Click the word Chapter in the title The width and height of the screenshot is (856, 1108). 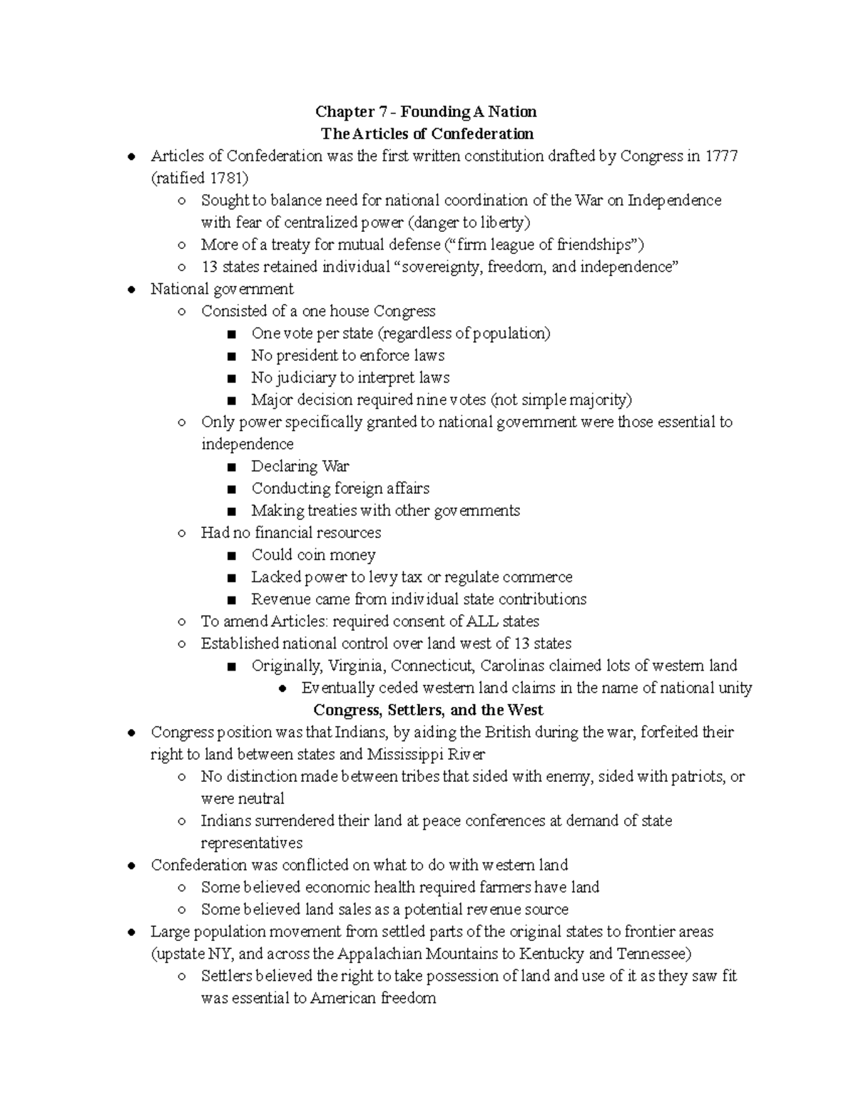click(345, 112)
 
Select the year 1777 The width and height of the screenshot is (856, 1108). click(721, 156)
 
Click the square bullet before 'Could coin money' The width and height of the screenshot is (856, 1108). click(230, 556)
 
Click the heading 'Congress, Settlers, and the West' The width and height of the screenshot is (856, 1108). click(428, 711)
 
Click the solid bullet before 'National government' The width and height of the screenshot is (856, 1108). click(131, 290)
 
